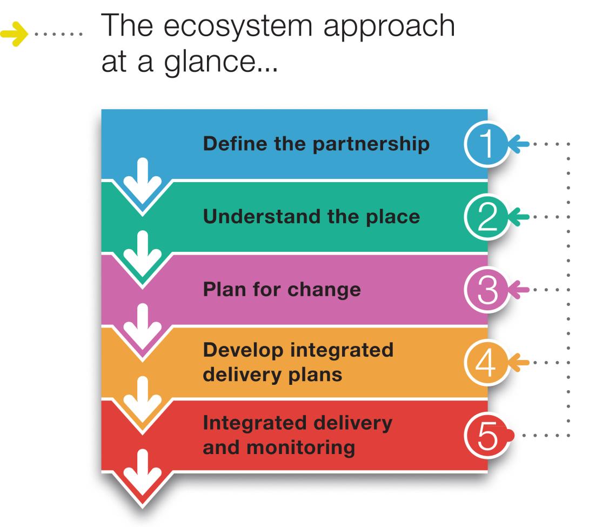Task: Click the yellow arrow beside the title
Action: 14,34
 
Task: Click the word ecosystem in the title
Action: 238,26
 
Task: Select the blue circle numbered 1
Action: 487,144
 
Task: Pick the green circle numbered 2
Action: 487,217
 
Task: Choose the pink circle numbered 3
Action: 487,290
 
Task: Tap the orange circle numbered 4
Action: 487,363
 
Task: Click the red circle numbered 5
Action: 487,436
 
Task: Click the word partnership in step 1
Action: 371,145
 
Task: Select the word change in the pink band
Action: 324,290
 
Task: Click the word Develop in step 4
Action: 243,350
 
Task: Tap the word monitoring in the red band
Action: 300,448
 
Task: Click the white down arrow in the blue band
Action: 143,181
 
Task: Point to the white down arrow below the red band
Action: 143,472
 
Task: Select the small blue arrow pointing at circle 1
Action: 519,144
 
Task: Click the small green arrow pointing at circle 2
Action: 519,217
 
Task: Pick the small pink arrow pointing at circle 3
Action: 519,290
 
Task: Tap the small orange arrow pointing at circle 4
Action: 519,363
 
